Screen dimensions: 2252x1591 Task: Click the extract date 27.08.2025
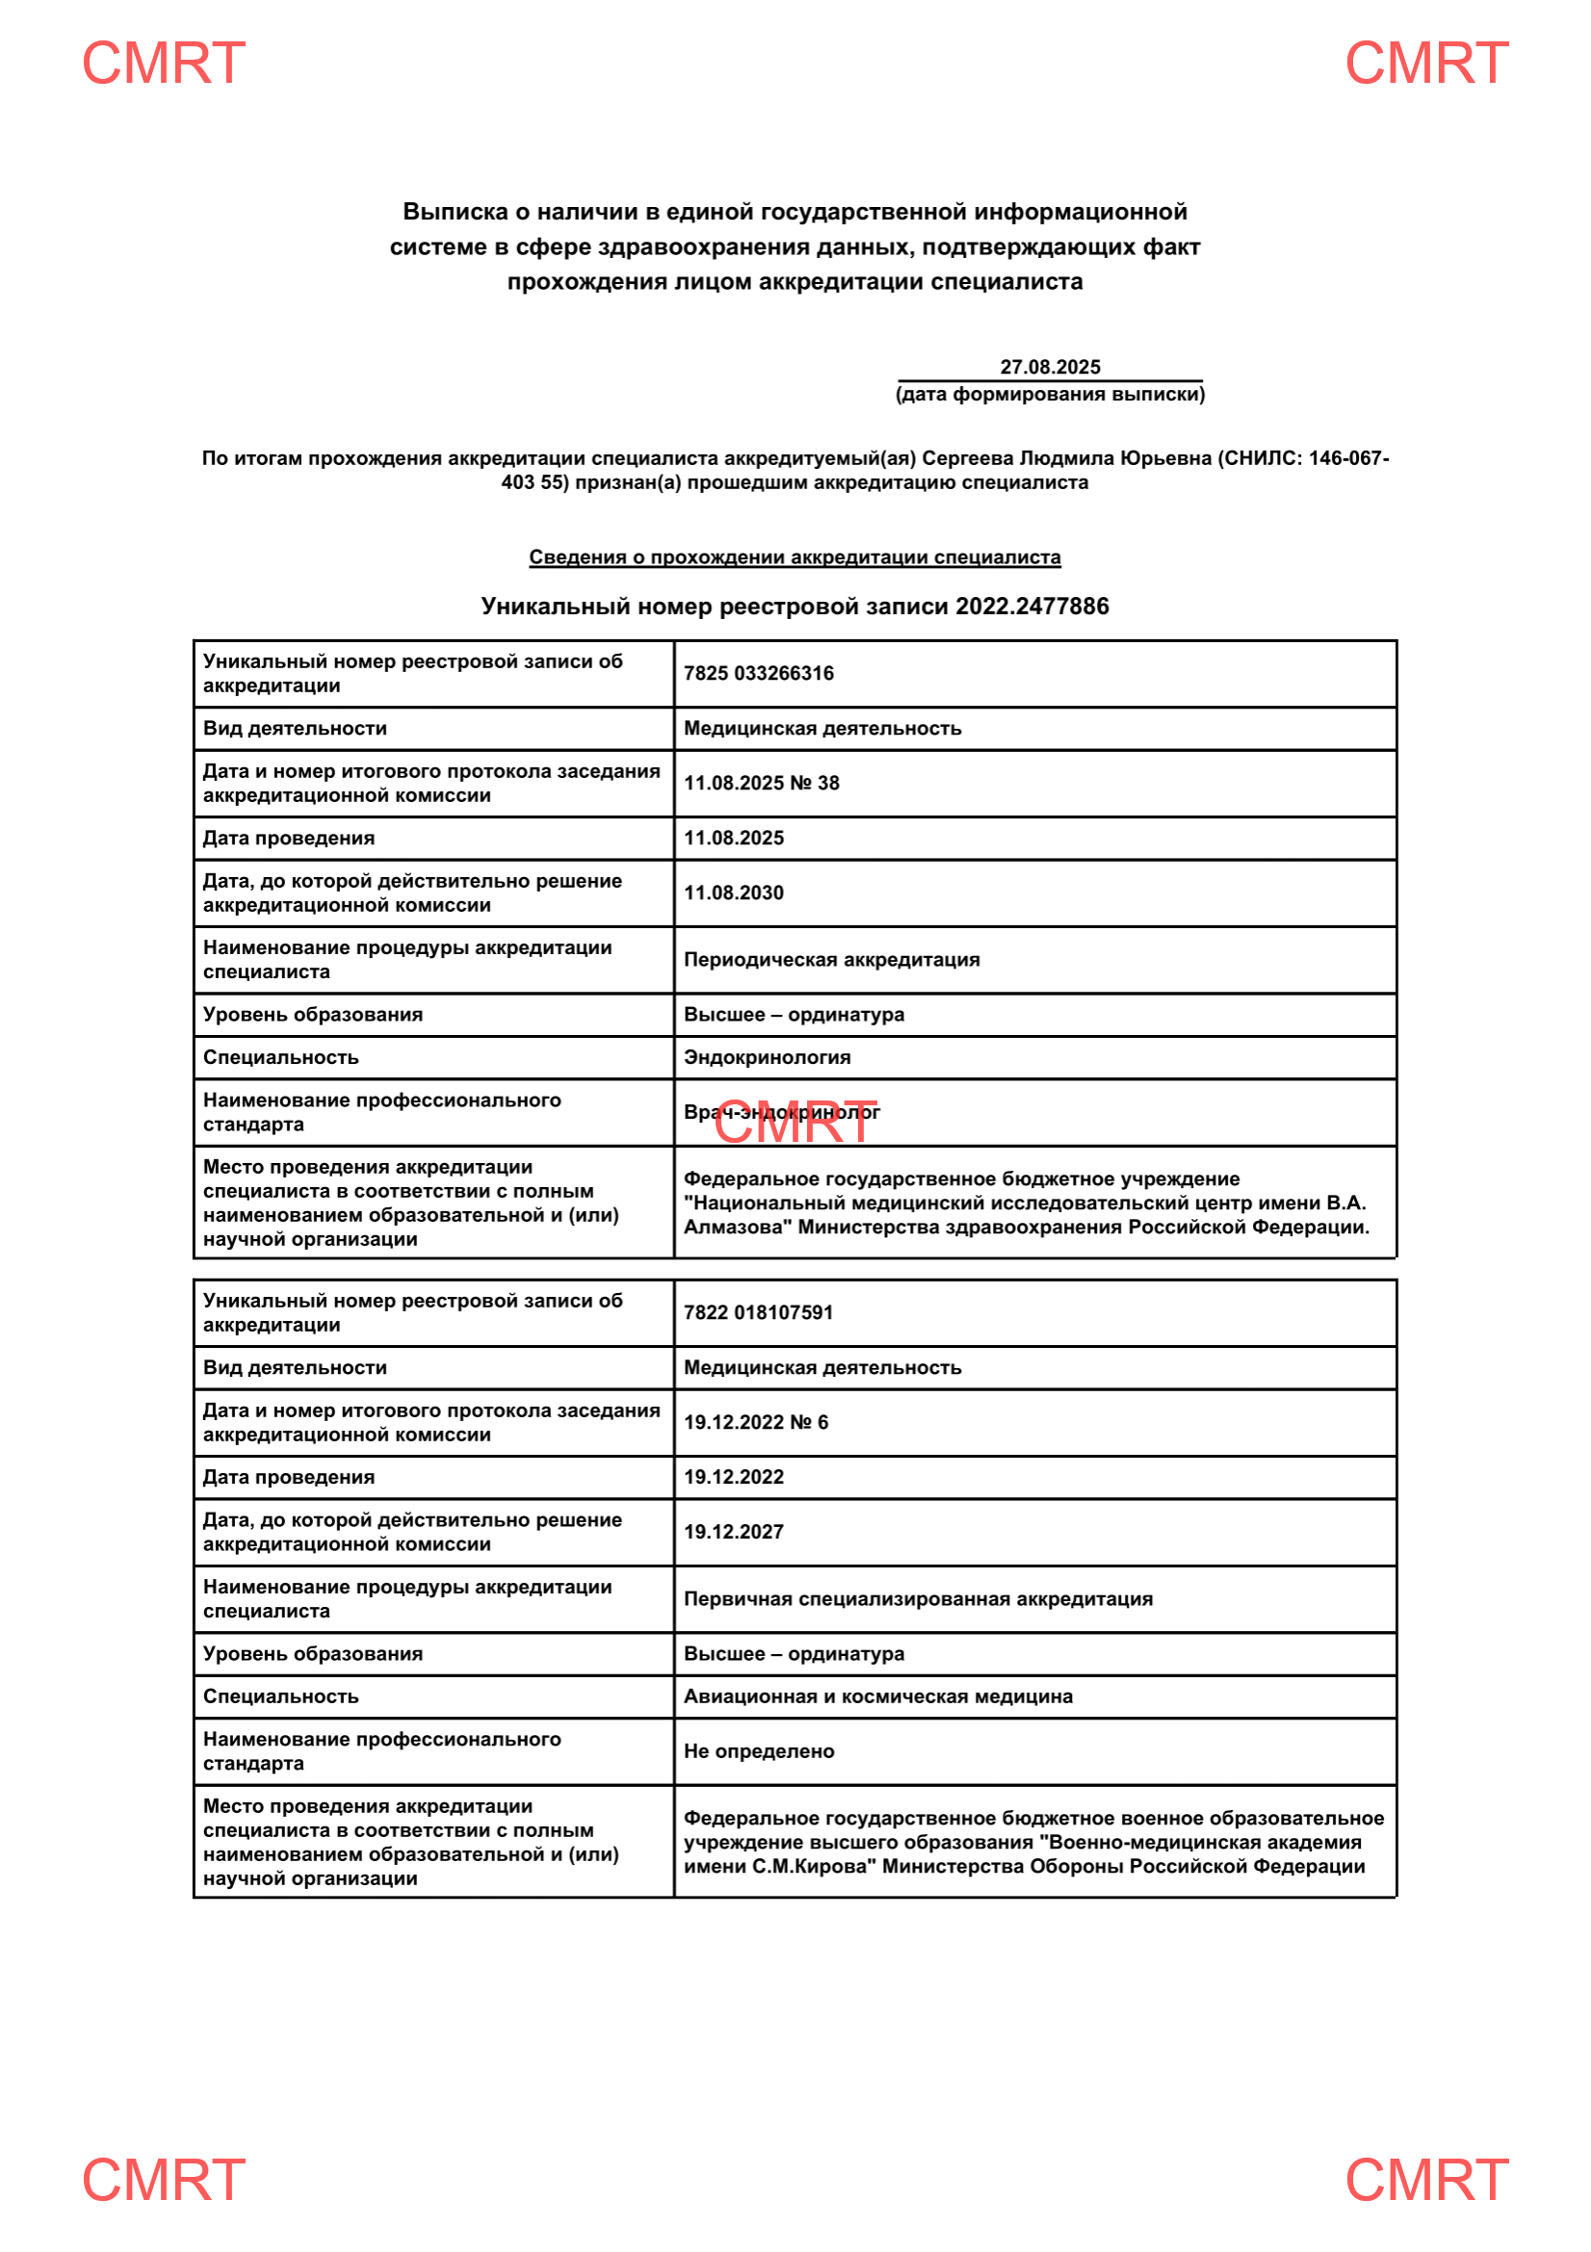click(x=1050, y=367)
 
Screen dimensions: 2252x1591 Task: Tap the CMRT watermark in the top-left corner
click(x=163, y=64)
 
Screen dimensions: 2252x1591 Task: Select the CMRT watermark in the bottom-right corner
click(x=1426, y=2180)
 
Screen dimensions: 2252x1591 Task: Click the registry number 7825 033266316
click(x=758, y=673)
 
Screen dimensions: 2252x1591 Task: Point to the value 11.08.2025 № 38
click(x=761, y=783)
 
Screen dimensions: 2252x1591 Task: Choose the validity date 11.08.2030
click(x=734, y=893)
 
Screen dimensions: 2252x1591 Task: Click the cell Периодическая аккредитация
click(x=831, y=959)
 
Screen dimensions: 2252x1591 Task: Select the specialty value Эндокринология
click(x=767, y=1057)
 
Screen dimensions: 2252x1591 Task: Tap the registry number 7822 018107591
click(x=758, y=1312)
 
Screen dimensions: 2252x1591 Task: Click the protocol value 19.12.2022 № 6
click(x=755, y=1422)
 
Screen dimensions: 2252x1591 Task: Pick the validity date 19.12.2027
click(x=734, y=1532)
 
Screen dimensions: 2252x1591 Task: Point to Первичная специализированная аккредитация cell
click(x=918, y=1599)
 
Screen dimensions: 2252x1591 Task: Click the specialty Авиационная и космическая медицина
click(x=878, y=1696)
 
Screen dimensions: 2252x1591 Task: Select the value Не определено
click(x=758, y=1751)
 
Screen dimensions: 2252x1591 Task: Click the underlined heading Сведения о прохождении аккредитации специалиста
click(x=795, y=557)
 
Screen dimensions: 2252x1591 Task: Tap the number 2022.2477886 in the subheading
click(x=1031, y=607)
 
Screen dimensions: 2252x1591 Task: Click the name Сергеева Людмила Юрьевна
click(x=1066, y=458)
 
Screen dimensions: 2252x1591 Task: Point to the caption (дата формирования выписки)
click(x=1050, y=395)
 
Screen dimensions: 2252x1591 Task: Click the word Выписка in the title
click(x=456, y=212)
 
